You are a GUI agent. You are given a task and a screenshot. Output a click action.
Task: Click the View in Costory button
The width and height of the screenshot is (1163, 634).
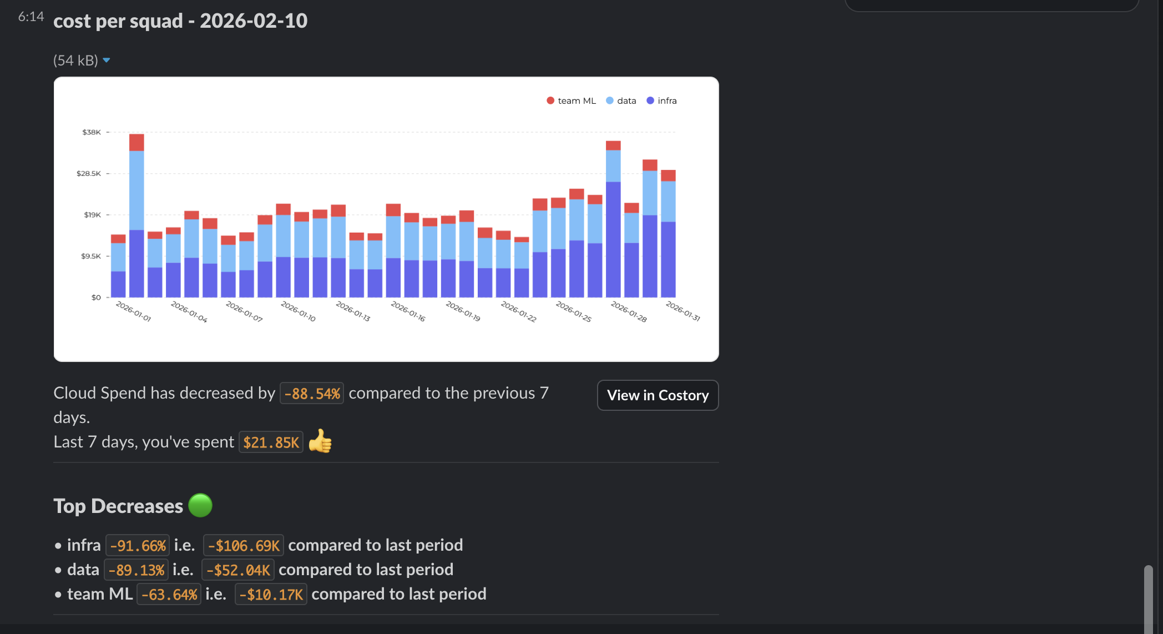point(658,395)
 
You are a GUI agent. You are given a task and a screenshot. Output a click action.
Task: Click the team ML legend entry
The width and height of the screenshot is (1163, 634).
point(571,100)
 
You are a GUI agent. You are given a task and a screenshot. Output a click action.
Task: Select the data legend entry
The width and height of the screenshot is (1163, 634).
point(621,100)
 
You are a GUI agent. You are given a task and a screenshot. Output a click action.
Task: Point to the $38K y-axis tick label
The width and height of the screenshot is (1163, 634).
point(92,132)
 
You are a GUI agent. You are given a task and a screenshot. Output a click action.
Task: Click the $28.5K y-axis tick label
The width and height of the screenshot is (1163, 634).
point(89,173)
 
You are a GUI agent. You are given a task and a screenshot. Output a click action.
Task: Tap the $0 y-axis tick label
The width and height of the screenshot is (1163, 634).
point(96,298)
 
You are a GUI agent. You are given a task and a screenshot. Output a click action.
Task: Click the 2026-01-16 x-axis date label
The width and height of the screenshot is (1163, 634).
point(408,311)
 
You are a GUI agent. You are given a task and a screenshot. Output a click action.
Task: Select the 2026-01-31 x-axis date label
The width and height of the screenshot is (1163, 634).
point(682,311)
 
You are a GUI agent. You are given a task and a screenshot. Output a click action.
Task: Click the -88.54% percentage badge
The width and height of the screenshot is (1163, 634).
point(312,394)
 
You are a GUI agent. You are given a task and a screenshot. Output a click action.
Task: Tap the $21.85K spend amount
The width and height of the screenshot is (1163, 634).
point(271,442)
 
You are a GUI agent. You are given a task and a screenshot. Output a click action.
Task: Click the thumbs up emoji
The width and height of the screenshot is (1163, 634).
point(320,441)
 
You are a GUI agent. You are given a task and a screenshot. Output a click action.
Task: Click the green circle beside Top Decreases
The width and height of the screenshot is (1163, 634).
point(200,505)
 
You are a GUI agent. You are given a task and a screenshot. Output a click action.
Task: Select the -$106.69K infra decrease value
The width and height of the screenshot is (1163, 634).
point(244,546)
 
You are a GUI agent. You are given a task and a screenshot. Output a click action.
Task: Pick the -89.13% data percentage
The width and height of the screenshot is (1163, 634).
point(136,570)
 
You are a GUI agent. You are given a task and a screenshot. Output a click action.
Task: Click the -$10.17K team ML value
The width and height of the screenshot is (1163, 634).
point(271,595)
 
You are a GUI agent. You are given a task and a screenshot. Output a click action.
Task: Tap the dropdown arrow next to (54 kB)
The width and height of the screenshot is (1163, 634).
point(107,60)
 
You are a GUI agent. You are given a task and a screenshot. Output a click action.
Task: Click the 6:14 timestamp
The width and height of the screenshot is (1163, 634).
point(31,17)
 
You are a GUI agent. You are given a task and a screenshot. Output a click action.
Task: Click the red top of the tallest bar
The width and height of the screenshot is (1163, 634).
point(136,142)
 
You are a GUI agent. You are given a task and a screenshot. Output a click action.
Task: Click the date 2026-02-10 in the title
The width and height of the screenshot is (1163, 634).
point(254,21)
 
